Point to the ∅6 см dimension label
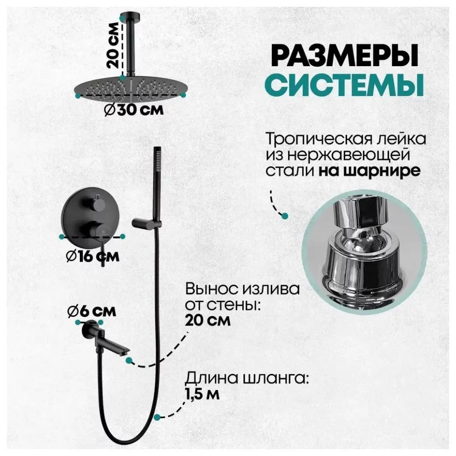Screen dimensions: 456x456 pos(91,312)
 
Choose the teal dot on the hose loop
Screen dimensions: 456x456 pos(157,416)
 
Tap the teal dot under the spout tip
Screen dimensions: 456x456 pos(130,360)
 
